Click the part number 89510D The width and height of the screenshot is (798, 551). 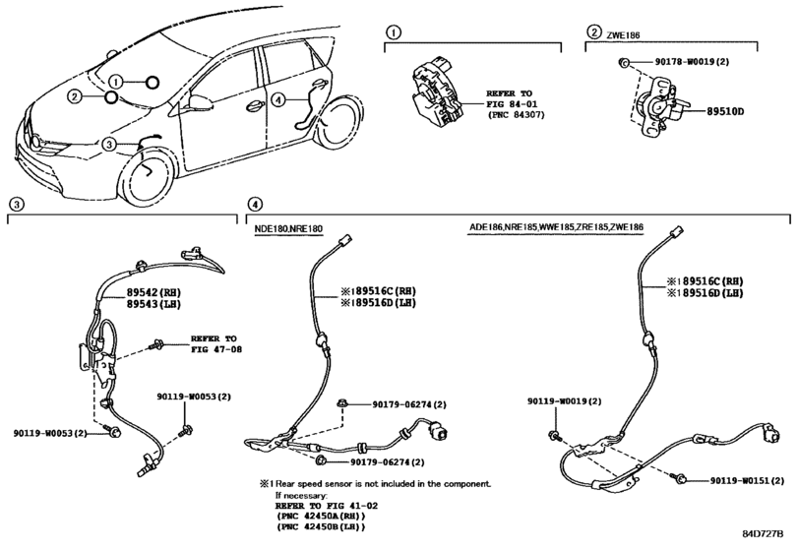[x=725, y=111]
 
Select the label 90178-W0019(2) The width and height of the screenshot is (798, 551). [x=692, y=62]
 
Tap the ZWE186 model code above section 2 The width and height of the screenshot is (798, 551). [x=623, y=35]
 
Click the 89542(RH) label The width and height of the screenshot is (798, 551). [x=153, y=292]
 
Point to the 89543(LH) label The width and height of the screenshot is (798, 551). [x=153, y=304]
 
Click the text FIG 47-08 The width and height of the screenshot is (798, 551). [x=216, y=349]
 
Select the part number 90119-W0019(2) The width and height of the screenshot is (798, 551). [x=564, y=401]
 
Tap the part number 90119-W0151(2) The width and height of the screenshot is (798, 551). [x=747, y=480]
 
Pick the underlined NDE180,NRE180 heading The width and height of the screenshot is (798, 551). [x=288, y=229]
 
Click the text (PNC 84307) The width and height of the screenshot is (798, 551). [x=516, y=115]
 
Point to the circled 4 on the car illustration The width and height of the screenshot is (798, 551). [x=277, y=99]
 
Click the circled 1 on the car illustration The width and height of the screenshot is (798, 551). [x=116, y=82]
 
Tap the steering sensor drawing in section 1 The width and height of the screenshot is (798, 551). [x=437, y=93]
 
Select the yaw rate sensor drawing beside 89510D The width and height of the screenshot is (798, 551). [x=656, y=107]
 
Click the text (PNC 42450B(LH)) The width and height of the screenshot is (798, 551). [x=321, y=527]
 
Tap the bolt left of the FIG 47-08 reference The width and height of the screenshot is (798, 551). [x=155, y=346]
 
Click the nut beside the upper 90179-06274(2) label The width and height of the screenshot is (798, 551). [x=342, y=404]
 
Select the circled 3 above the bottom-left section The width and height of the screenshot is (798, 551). [x=17, y=204]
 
